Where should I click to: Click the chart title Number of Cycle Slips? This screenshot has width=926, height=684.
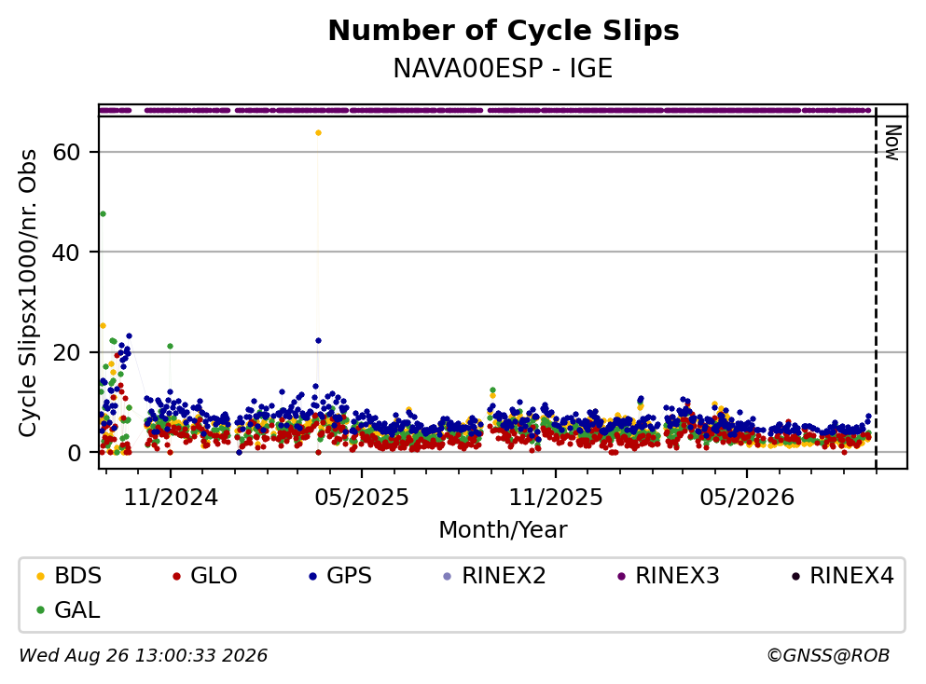point(504,31)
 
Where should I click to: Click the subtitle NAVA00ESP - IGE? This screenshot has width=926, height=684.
point(504,68)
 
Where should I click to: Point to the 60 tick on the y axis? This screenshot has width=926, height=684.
point(66,152)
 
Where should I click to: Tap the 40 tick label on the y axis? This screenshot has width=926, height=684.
point(66,253)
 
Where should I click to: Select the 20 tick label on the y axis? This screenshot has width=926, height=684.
point(66,352)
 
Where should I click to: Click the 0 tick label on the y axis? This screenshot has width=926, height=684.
point(74,453)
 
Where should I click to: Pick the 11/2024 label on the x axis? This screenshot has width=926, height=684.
point(171,498)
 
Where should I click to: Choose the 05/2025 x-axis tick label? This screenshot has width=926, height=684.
point(362,498)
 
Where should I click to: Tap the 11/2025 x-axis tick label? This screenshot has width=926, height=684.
point(556,498)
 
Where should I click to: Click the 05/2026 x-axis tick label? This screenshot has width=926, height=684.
point(747,498)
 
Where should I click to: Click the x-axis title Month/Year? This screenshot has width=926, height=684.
point(504,530)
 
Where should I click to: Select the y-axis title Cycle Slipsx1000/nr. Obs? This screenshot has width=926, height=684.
point(28,293)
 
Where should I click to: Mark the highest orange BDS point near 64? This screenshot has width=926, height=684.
point(318,132)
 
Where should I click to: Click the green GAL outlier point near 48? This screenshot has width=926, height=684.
point(103,213)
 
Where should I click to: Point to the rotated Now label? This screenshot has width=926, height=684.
point(892,143)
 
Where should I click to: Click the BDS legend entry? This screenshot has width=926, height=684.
point(69,575)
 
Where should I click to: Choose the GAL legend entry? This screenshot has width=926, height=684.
point(68,609)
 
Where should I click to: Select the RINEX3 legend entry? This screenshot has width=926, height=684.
point(669,575)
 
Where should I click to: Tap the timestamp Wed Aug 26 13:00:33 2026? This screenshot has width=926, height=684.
point(144,656)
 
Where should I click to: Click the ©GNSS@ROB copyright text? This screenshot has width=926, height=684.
point(828,656)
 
